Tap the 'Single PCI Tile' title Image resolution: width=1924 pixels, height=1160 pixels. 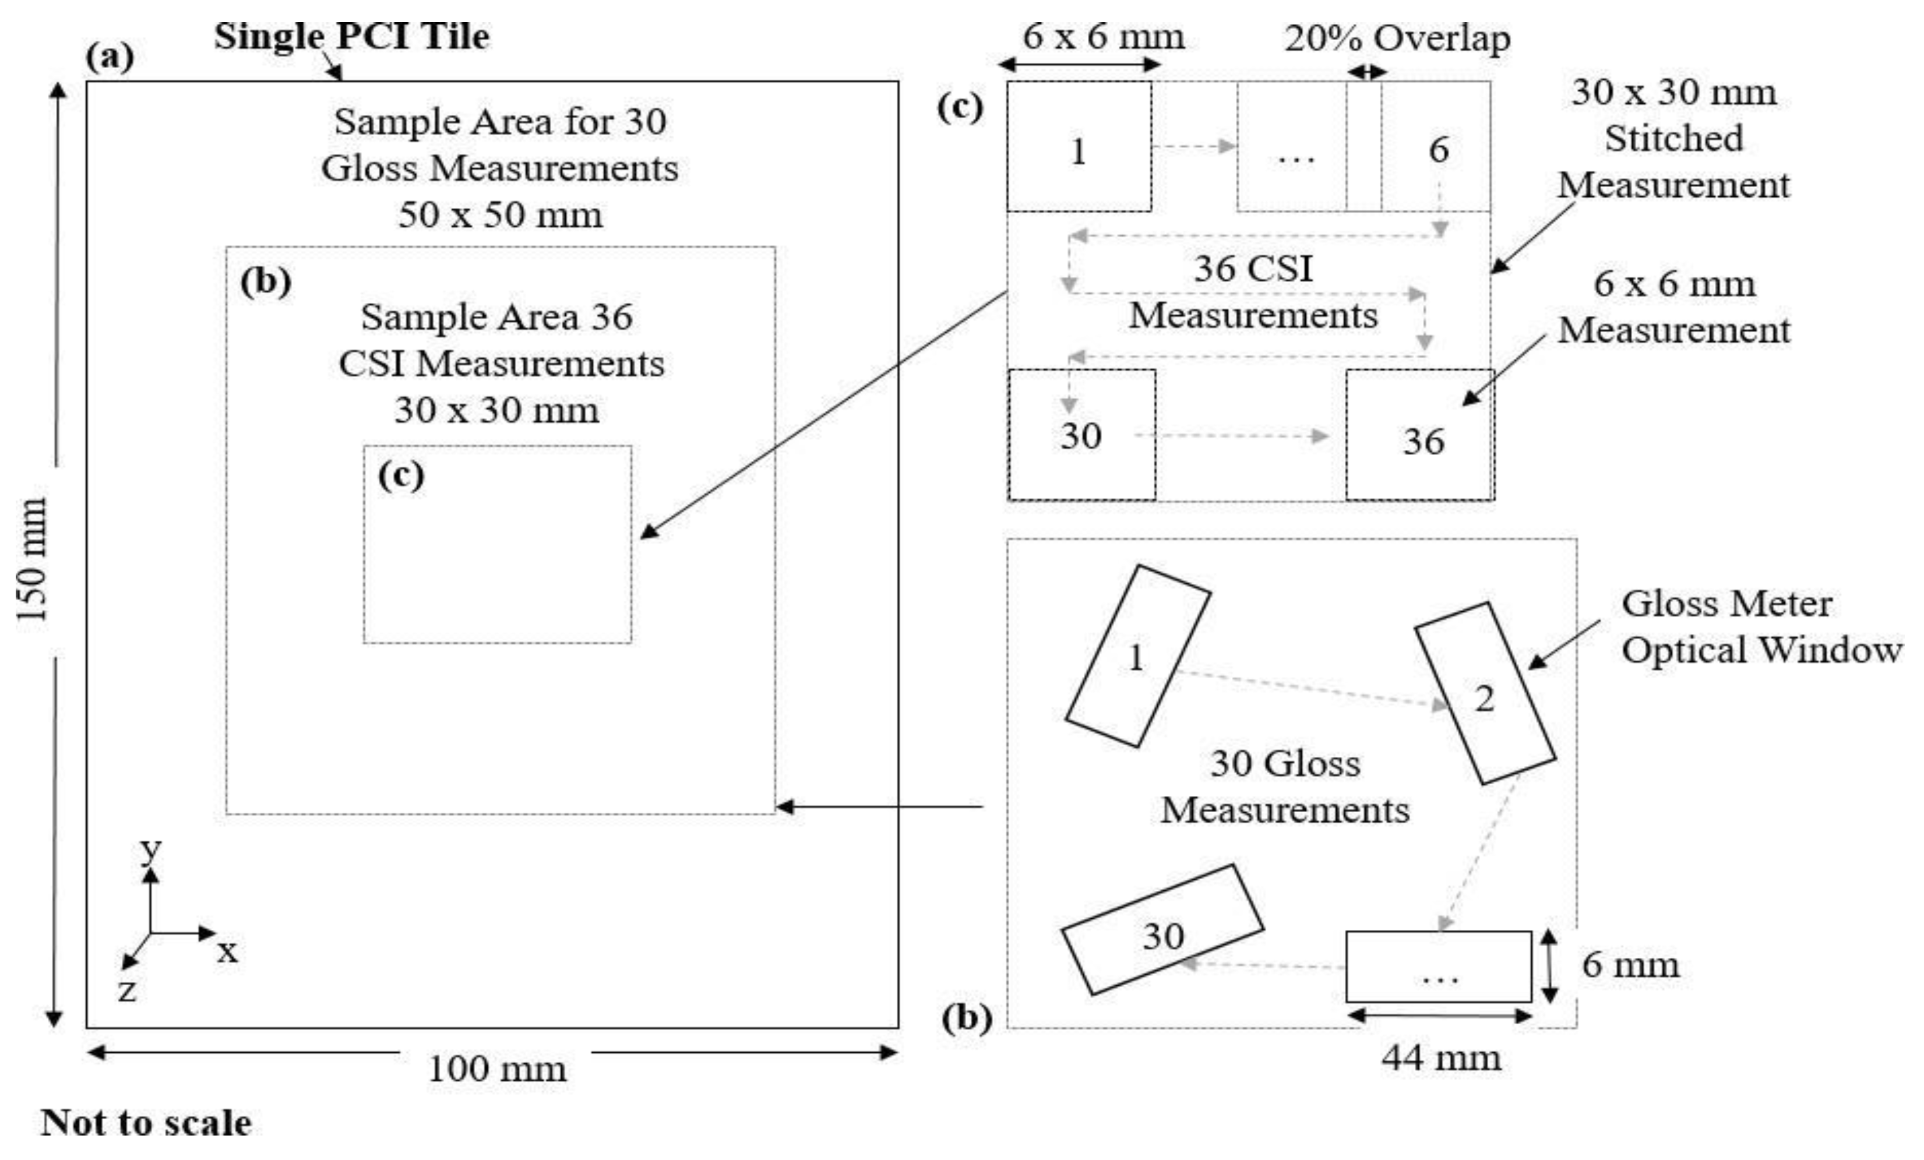tap(351, 36)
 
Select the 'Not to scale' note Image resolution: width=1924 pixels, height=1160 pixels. tap(146, 1123)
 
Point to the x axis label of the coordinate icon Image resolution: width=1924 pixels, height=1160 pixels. tap(227, 951)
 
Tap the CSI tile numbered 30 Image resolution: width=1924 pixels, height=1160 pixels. tap(1081, 435)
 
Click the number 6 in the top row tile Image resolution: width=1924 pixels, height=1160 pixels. tap(1438, 149)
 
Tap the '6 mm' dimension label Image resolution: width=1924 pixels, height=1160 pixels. tap(1630, 965)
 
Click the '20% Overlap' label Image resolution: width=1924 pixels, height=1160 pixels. tap(1397, 37)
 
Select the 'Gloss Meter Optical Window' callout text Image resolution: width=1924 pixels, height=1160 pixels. tap(1760, 627)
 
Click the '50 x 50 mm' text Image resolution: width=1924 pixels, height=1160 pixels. tap(500, 214)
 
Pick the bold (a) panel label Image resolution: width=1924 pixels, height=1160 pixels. tap(110, 56)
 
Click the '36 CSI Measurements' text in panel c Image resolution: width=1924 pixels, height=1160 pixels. tap(1253, 292)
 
